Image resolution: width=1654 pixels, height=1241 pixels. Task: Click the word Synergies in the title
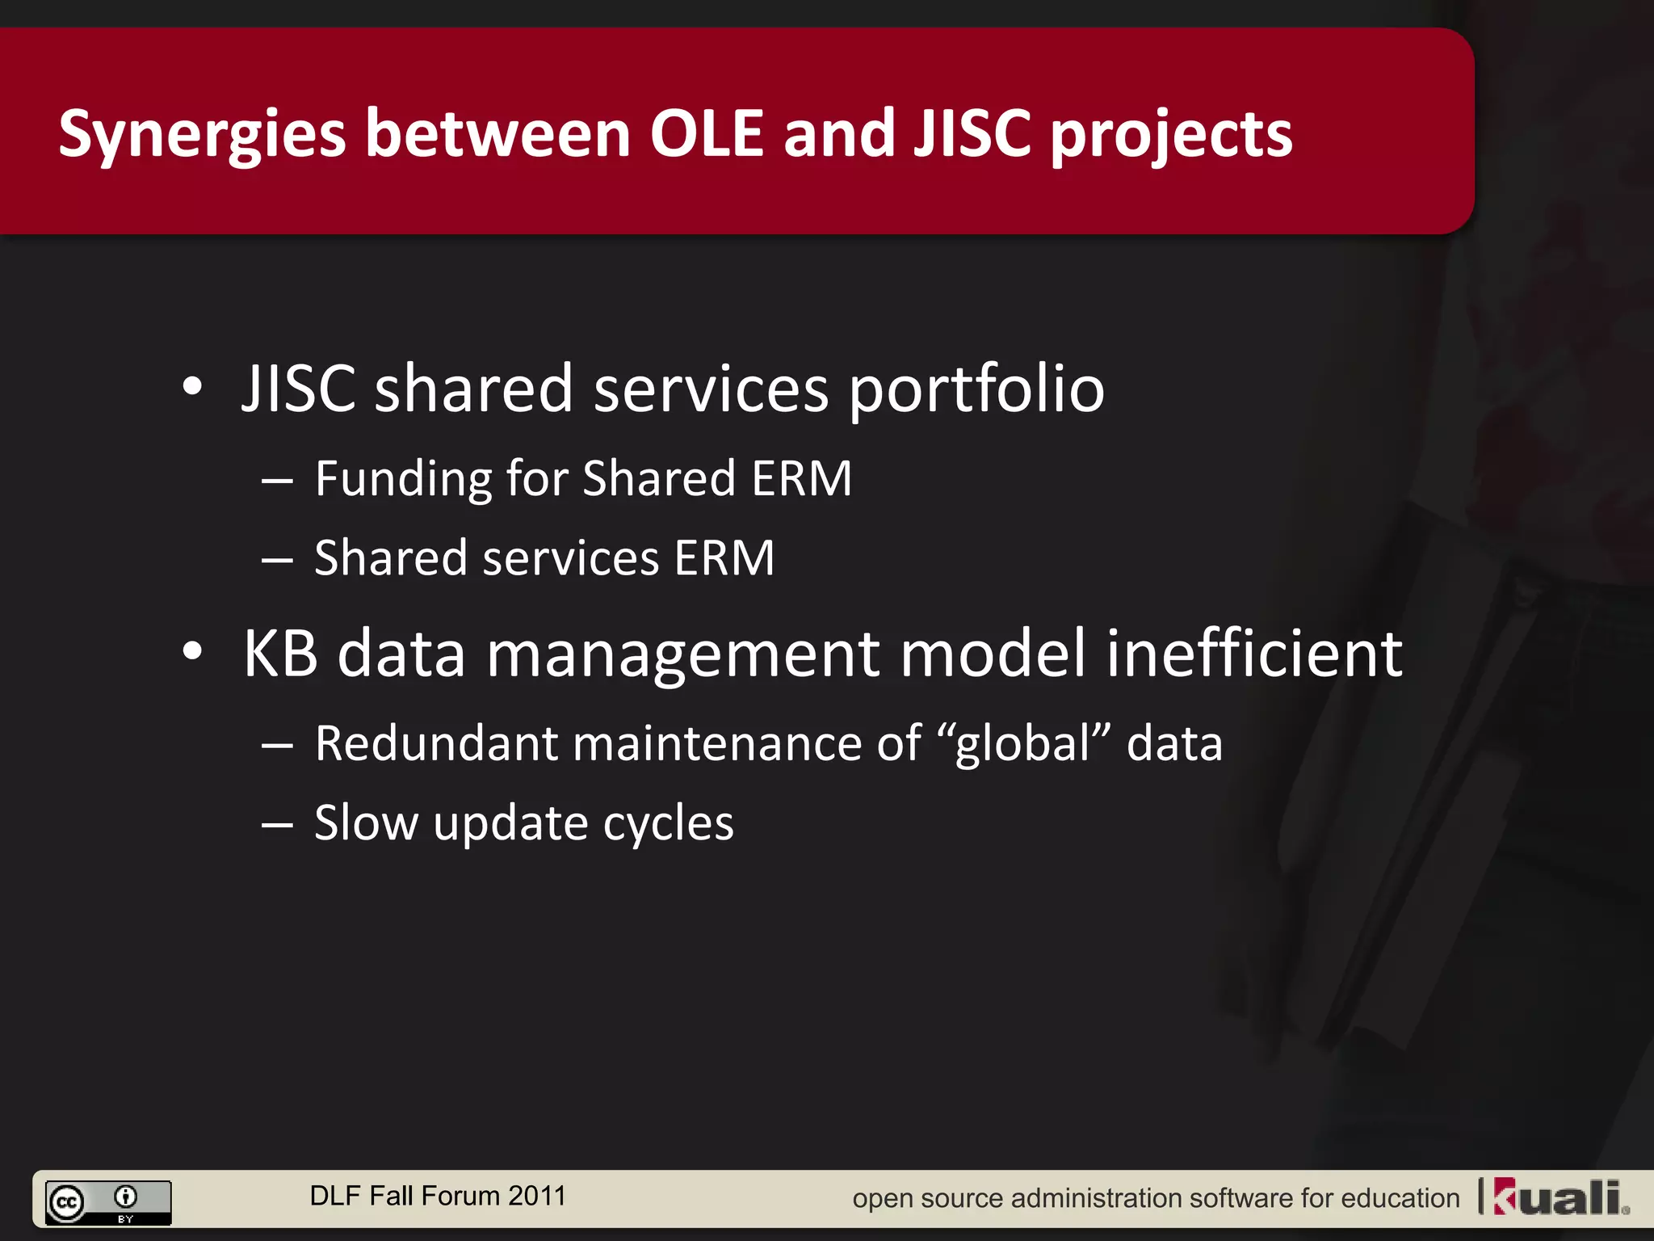tap(202, 134)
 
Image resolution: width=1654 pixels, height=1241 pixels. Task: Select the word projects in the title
tap(1171, 134)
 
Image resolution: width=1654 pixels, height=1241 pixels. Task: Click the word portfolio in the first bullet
tap(976, 389)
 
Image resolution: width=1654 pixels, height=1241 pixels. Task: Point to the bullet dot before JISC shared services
tap(192, 386)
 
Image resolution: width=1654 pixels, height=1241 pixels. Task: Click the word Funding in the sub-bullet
tap(403, 478)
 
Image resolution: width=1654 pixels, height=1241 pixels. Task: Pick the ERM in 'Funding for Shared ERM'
tap(801, 478)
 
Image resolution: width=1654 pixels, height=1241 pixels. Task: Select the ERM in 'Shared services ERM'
tap(724, 558)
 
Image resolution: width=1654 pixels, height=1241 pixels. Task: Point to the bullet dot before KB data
tap(192, 651)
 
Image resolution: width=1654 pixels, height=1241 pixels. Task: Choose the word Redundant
tap(435, 743)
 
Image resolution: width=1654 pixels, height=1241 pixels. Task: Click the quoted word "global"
tap(1024, 743)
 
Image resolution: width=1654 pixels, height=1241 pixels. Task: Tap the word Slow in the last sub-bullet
tap(366, 823)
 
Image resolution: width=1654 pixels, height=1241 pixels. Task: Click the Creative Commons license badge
tap(108, 1202)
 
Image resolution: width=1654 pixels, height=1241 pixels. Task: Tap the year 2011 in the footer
tap(537, 1196)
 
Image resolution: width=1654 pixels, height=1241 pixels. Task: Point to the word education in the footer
tap(1400, 1198)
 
